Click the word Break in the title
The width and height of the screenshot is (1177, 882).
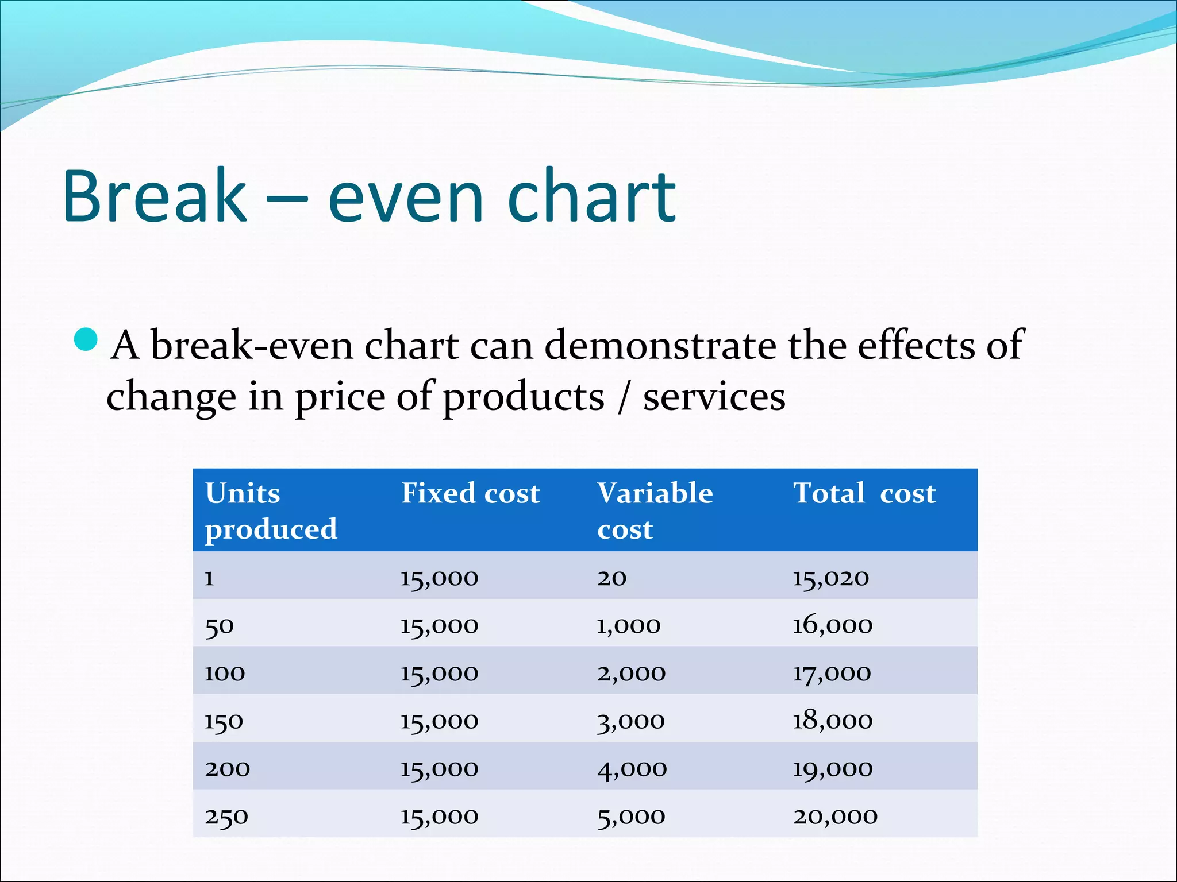coord(154,196)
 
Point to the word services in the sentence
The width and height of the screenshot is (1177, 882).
coord(714,397)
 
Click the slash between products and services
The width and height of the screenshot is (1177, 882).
coord(624,397)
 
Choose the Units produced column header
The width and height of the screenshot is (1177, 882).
coord(271,510)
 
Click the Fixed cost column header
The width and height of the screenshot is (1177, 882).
coord(470,493)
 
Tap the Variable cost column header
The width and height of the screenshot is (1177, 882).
coord(655,510)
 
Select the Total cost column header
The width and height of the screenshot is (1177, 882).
coord(864,493)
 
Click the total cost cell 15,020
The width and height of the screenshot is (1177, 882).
coord(830,578)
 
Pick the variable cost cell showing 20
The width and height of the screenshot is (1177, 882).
coord(611,578)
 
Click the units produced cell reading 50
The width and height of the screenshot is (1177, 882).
coord(219,626)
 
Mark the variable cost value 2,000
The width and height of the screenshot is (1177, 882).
coord(631,673)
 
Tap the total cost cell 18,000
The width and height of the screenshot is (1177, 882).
coord(832,721)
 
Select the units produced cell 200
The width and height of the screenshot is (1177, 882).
coord(227,768)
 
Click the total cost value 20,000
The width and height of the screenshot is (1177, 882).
coord(835,816)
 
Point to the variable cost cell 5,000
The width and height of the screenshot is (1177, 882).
coord(631,816)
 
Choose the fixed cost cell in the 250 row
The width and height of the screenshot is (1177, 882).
coord(439,816)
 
